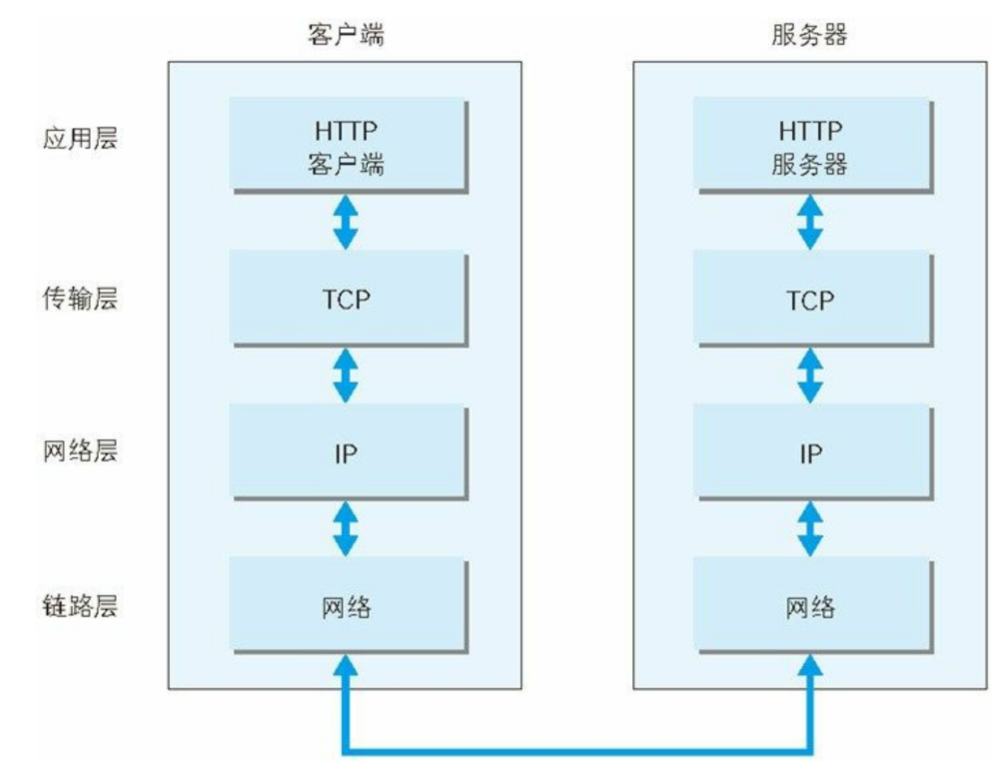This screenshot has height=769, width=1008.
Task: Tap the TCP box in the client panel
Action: [x=347, y=298]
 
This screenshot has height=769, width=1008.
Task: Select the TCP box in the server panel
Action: [x=810, y=298]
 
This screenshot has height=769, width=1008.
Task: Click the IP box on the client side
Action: [x=347, y=451]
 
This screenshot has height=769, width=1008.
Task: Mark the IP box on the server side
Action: [x=810, y=451]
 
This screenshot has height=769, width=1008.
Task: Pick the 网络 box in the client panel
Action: [x=347, y=605]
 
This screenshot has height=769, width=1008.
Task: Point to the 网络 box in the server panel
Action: [x=810, y=605]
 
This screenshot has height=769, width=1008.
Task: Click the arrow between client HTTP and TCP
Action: [x=346, y=221]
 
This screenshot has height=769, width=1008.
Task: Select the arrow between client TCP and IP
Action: [x=346, y=375]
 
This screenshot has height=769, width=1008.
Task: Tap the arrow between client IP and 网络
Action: [x=346, y=528]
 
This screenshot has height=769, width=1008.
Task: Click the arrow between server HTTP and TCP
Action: [x=810, y=221]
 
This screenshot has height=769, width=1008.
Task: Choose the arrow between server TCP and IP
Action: [x=810, y=375]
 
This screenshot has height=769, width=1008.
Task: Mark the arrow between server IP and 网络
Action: [x=810, y=528]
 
